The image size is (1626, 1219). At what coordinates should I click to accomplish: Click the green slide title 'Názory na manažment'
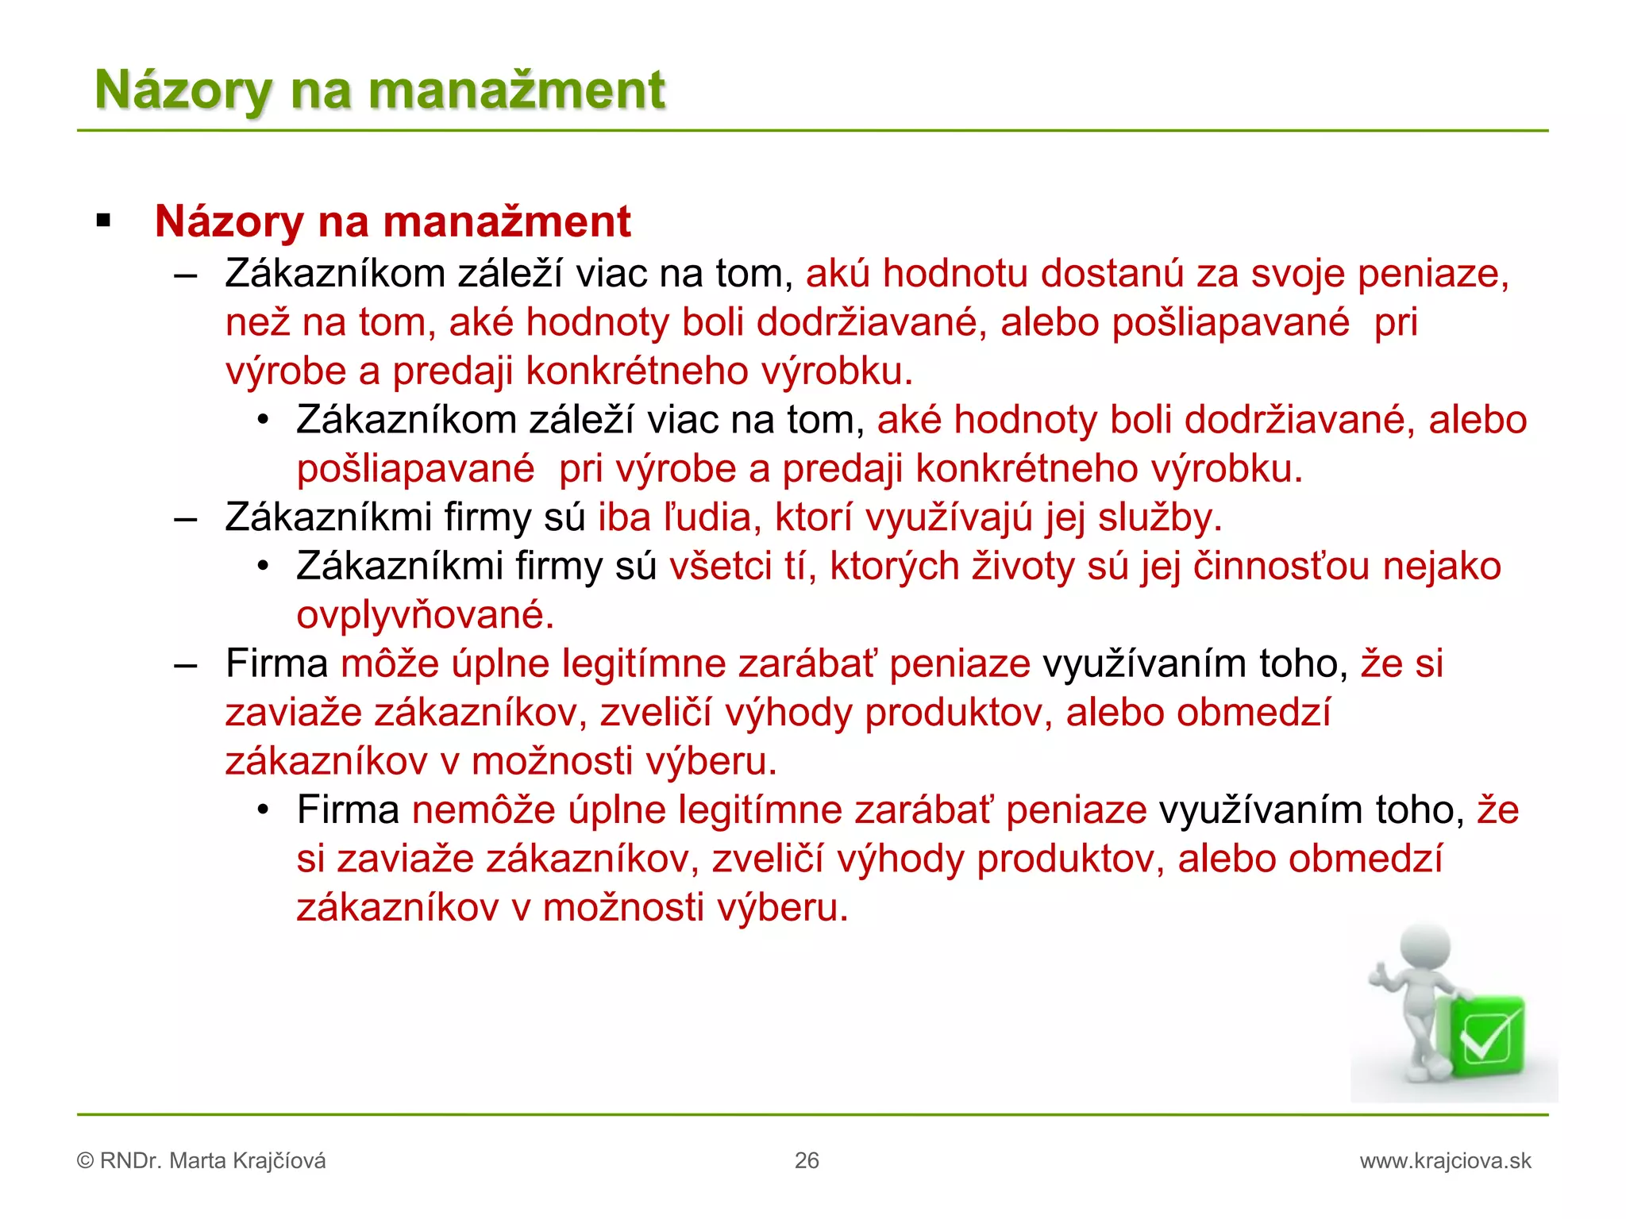click(x=380, y=90)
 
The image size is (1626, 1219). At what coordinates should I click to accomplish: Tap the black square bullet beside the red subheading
click(x=103, y=221)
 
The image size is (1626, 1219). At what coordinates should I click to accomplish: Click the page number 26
click(x=807, y=1160)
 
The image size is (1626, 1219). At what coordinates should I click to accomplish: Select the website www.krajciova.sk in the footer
click(x=1445, y=1161)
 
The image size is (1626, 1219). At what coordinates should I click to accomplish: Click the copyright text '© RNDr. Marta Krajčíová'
click(x=202, y=1161)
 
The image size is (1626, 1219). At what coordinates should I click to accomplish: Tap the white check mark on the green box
click(x=1485, y=1037)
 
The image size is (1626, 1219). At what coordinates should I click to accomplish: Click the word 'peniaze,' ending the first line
click(x=1433, y=274)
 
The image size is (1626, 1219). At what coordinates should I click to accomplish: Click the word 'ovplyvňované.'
click(x=426, y=616)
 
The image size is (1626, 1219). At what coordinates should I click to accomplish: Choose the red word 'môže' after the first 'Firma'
click(x=389, y=664)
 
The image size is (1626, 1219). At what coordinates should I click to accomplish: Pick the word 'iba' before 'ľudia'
click(x=624, y=517)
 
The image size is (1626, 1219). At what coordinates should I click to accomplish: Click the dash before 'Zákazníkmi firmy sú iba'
click(x=185, y=519)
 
